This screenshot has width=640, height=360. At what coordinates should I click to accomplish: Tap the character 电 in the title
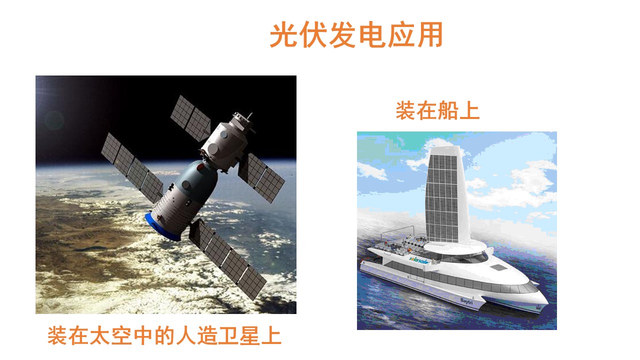[x=371, y=34]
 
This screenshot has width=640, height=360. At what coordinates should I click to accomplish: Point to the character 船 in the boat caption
[x=448, y=111]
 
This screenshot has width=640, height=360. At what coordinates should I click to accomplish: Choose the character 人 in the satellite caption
[x=185, y=336]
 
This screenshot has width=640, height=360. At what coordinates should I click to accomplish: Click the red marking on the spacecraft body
[x=201, y=167]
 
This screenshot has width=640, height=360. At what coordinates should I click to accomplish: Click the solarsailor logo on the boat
[x=418, y=260]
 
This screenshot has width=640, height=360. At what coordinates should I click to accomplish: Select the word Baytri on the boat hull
[x=466, y=301]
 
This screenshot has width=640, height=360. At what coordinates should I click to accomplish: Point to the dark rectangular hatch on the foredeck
[x=498, y=267]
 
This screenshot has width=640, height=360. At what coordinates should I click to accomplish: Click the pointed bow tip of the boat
[x=547, y=302]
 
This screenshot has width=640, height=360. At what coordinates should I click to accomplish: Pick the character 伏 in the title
[x=313, y=34]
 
